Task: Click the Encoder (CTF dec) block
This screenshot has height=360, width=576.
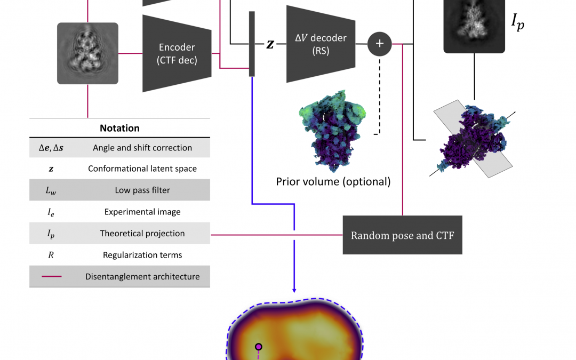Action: click(177, 53)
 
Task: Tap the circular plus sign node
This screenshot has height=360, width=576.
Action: click(379, 44)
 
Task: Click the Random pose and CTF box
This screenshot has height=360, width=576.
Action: click(402, 235)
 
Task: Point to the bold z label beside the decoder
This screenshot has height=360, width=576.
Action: click(270, 44)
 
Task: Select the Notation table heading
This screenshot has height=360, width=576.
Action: click(119, 128)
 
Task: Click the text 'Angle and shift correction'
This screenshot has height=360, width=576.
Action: click(142, 148)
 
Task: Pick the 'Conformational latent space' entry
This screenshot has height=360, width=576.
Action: click(142, 169)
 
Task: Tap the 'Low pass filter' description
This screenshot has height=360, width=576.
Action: click(142, 190)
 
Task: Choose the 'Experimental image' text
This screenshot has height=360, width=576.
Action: click(142, 212)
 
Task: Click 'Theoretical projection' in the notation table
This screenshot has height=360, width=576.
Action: click(142, 234)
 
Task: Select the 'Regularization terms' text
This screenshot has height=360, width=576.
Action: click(142, 255)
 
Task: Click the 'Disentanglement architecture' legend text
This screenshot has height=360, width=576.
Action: click(142, 276)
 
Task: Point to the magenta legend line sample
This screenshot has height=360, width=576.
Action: click(51, 276)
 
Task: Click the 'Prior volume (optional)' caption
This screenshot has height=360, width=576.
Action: click(333, 182)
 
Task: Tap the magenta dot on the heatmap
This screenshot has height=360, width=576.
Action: click(259, 347)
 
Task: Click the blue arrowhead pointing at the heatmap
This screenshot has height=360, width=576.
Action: click(294, 289)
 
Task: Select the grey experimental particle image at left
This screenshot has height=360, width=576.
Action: click(87, 53)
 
